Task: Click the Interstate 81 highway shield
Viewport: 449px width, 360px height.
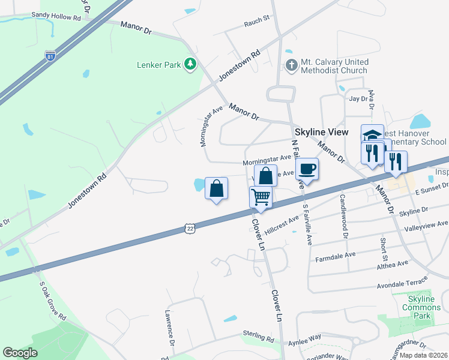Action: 50,56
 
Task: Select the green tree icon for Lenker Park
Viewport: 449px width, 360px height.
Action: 190,64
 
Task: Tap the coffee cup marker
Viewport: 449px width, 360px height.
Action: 307,169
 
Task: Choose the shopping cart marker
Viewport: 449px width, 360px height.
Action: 261,196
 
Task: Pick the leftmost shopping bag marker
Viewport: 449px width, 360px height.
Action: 216,188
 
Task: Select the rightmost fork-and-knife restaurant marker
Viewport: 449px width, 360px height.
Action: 396,161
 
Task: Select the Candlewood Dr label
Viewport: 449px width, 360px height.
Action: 344,216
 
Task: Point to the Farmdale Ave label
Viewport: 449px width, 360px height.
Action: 336,256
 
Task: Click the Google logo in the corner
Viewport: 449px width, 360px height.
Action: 20,353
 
